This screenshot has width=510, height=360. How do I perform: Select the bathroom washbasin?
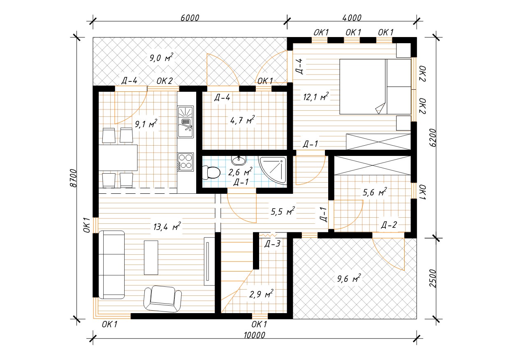tap(239, 160)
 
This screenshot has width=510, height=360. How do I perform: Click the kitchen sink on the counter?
tap(185, 122)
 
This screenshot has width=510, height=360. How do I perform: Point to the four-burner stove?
tap(185, 162)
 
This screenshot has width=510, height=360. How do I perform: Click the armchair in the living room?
tap(162, 299)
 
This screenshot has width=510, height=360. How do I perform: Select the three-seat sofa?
tap(111, 265)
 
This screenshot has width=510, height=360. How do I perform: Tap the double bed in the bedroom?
tap(375, 86)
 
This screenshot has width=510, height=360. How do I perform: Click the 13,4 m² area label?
tap(167, 227)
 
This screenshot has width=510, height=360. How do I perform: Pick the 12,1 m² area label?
tap(315, 97)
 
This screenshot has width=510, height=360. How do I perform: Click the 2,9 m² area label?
tap(261, 294)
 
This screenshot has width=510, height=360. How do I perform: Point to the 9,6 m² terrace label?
tap(349, 278)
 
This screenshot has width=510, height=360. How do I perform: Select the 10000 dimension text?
tap(255, 335)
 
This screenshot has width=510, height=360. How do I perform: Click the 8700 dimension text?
tap(73, 178)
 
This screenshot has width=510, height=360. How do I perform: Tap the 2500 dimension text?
tap(433, 278)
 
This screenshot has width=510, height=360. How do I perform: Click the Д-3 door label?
tap(272, 244)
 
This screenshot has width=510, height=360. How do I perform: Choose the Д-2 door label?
tap(389, 225)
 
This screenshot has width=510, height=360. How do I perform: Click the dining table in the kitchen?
tap(118, 158)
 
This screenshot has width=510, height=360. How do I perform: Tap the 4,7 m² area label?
tap(242, 120)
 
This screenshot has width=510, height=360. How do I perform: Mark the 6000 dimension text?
tap(190, 18)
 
